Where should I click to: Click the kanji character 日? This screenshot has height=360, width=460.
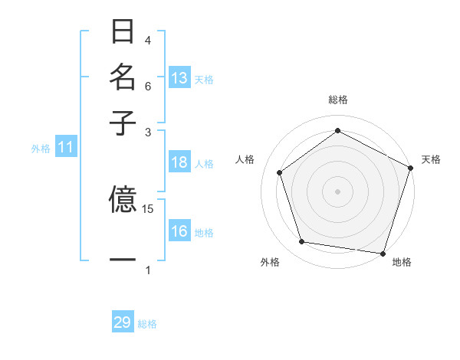pyautogui.click(x=123, y=32)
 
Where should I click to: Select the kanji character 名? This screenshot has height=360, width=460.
pyautogui.click(x=123, y=77)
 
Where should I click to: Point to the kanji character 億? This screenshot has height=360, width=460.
pyautogui.click(x=123, y=200)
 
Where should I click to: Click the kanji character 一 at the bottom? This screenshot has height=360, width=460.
pyautogui.click(x=123, y=260)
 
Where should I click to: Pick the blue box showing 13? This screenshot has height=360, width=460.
pyautogui.click(x=179, y=78)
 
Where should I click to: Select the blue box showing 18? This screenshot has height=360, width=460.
pyautogui.click(x=179, y=162)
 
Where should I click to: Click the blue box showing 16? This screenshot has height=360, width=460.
pyautogui.click(x=179, y=231)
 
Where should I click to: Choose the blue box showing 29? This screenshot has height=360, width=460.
pyautogui.click(x=123, y=322)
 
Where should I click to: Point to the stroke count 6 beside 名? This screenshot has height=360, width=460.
pyautogui.click(x=148, y=86)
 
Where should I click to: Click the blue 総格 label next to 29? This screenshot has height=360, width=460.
pyautogui.click(x=147, y=324)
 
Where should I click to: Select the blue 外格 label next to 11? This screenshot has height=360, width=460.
pyautogui.click(x=41, y=149)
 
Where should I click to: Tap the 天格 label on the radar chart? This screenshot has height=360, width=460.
pyautogui.click(x=431, y=159)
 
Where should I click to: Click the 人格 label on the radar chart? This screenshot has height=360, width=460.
pyautogui.click(x=245, y=159)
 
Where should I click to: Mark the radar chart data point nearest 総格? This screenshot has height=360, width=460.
pyautogui.click(x=337, y=130)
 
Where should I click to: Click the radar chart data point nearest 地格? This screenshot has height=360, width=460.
pyautogui.click(x=383, y=253)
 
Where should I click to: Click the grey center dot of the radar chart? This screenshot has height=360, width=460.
pyautogui.click(x=337, y=191)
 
